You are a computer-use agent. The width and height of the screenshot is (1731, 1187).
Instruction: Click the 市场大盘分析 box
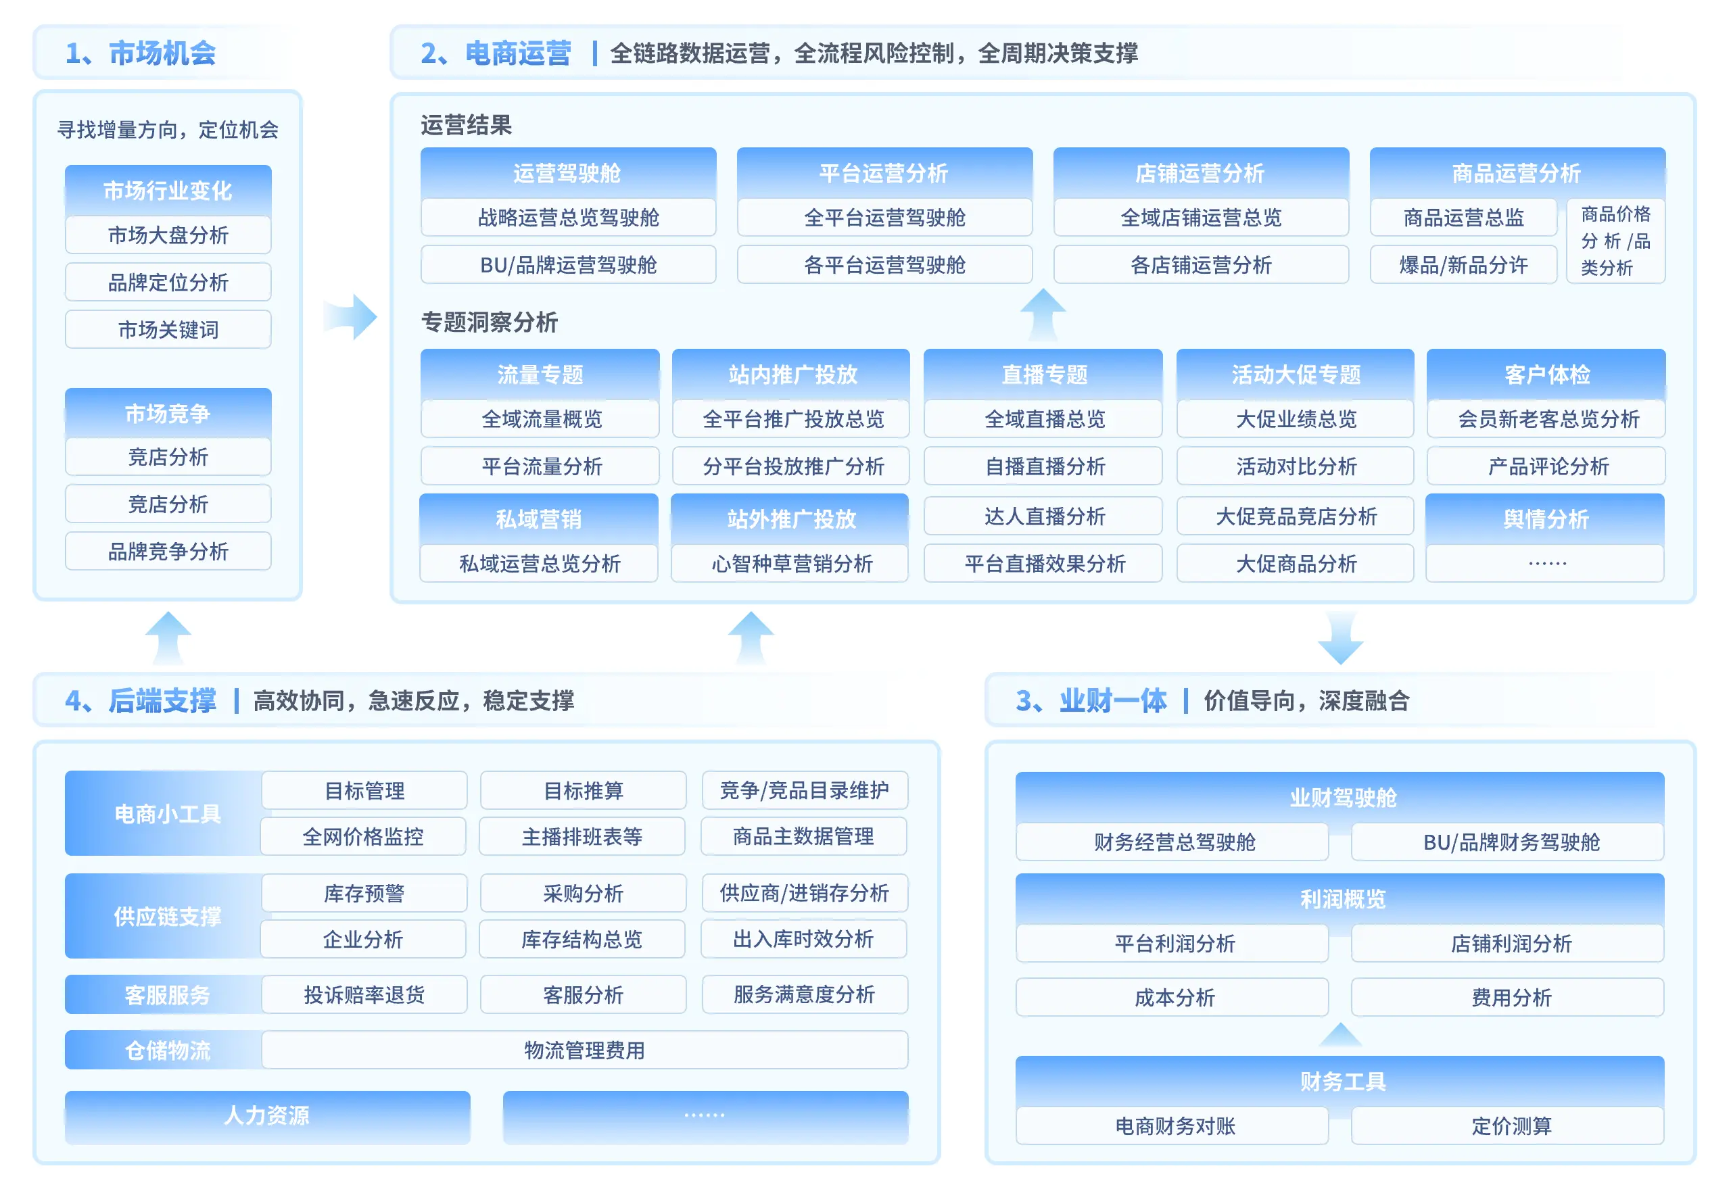168,235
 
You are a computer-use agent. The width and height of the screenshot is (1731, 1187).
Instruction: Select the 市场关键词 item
168,330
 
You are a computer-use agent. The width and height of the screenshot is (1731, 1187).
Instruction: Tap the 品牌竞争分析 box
168,552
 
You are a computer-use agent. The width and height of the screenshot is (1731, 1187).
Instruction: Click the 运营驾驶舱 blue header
567,173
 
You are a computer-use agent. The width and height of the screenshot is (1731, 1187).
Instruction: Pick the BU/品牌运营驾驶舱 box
567,265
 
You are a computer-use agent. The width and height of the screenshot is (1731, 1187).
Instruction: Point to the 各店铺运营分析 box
1200,265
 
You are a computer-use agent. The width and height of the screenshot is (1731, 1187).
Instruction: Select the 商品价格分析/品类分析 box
1615,241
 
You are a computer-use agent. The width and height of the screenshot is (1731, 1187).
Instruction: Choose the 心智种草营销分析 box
790,564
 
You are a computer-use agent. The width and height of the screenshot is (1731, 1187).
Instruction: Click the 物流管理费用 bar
584,1050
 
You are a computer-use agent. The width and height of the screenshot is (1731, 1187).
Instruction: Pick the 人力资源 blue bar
266,1115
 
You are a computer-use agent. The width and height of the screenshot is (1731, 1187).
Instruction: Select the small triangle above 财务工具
1340,1035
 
